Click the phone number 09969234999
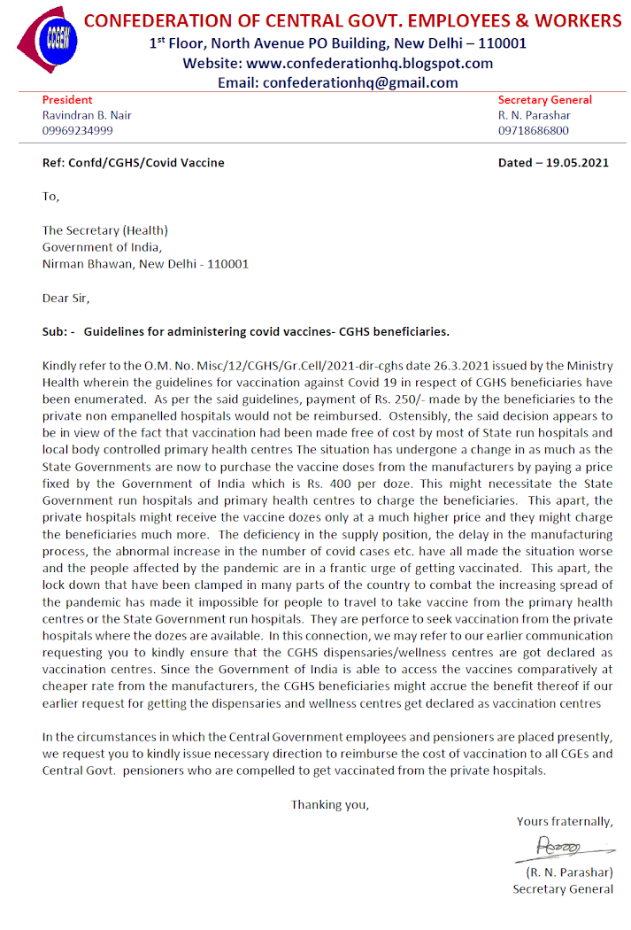(77, 130)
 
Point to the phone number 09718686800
(534, 130)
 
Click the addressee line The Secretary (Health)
(105, 230)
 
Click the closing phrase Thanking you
(330, 804)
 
